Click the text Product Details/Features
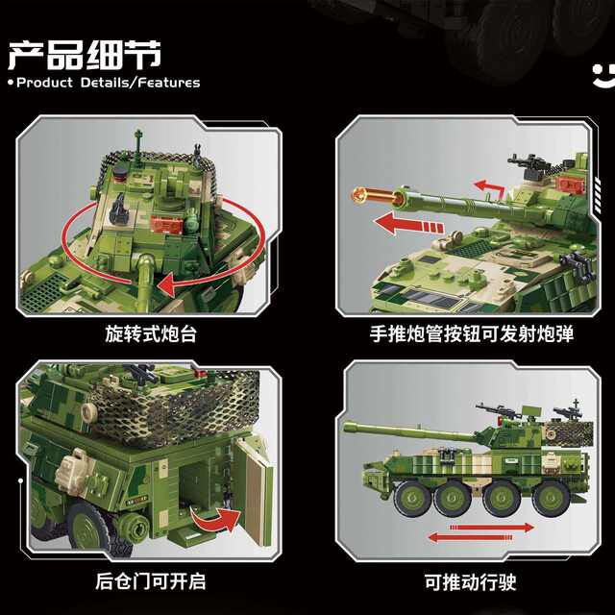coord(109,83)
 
